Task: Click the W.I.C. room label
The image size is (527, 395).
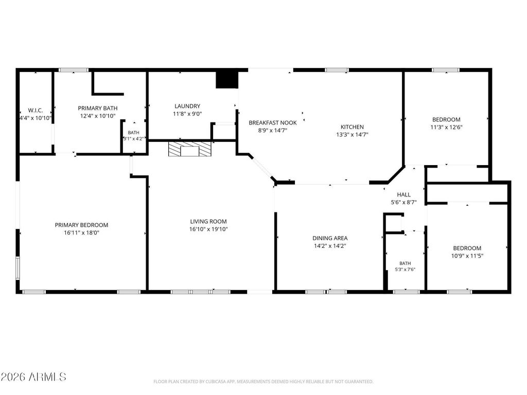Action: (x=36, y=111)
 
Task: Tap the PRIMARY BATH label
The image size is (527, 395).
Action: (x=98, y=108)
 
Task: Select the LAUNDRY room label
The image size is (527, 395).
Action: (x=187, y=106)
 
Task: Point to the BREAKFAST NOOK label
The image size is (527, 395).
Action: (x=273, y=122)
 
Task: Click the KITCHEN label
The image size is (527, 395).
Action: (x=352, y=127)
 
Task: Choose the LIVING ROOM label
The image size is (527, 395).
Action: (x=208, y=221)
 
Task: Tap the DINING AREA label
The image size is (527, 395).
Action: (x=330, y=238)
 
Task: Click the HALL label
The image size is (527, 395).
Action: (x=403, y=194)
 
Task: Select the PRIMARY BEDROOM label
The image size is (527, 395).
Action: (x=82, y=225)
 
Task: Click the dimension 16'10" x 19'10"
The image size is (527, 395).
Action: (x=208, y=229)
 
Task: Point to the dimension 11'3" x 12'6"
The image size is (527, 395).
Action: (x=446, y=128)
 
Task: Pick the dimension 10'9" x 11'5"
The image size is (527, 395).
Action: (x=467, y=256)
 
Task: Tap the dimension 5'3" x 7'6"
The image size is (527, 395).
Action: (x=405, y=270)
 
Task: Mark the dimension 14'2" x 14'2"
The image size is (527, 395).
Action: (x=330, y=246)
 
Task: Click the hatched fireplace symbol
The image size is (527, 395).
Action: (x=190, y=149)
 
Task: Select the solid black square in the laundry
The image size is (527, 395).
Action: (x=227, y=80)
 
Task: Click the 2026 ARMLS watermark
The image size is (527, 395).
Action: (x=33, y=377)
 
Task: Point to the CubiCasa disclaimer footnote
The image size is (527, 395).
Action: (x=263, y=382)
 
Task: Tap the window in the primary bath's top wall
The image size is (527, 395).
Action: (x=74, y=70)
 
